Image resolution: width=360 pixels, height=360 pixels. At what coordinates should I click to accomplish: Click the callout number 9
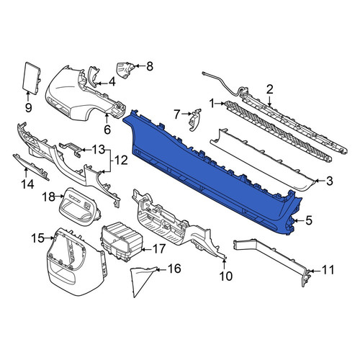(x=28, y=108)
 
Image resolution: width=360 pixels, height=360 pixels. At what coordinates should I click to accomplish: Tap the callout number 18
(x=49, y=197)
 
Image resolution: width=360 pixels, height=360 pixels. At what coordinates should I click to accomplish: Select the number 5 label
(x=309, y=220)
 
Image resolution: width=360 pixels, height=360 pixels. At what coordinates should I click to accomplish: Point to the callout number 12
(x=122, y=160)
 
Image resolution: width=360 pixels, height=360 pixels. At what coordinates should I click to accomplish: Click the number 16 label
(x=174, y=269)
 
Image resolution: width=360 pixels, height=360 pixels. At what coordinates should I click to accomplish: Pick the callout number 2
(x=270, y=90)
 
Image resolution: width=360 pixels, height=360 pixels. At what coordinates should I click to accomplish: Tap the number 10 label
(x=226, y=276)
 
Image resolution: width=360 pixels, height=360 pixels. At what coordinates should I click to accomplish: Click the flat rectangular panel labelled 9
(x=31, y=77)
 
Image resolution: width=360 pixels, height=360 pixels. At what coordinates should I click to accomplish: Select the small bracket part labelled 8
(x=125, y=70)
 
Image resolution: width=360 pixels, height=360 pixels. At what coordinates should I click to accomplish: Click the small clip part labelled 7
(x=195, y=120)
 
